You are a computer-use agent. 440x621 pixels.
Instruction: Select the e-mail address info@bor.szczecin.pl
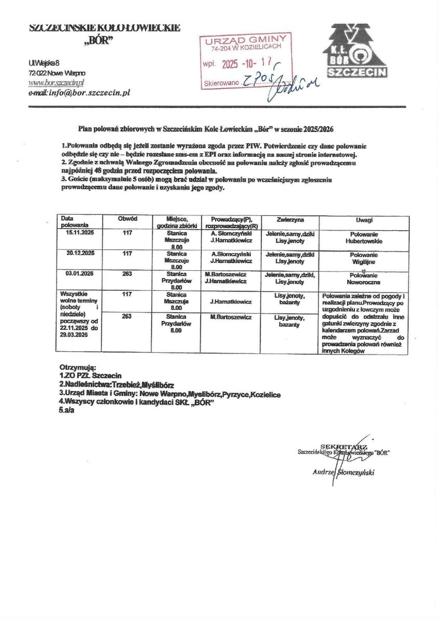click(79, 93)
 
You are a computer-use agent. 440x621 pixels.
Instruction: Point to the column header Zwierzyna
click(290, 219)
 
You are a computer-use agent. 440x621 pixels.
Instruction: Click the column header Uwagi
click(365, 220)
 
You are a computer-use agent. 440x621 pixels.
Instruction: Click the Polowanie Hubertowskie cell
click(364, 238)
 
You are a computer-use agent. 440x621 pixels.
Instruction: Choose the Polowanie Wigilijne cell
click(364, 258)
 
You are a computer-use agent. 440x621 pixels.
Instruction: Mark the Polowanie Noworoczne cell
click(364, 279)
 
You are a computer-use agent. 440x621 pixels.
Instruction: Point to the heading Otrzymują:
click(78, 366)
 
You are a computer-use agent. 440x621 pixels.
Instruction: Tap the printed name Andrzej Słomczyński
click(343, 472)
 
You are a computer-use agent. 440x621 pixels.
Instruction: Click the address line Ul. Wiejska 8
click(45, 63)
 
